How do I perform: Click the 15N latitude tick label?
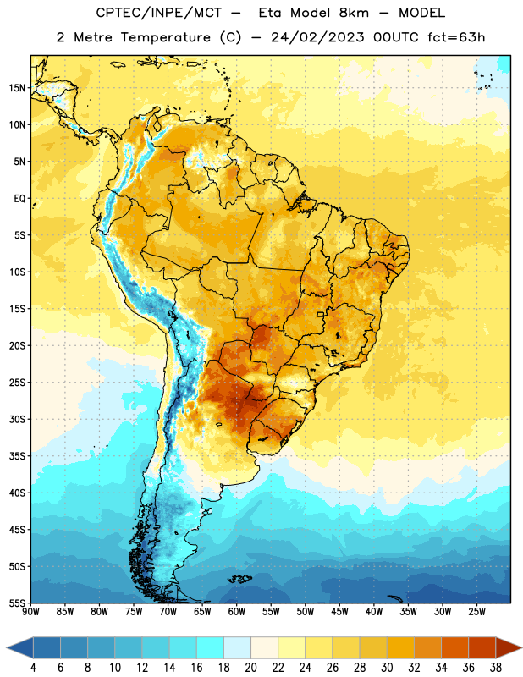point(17,88)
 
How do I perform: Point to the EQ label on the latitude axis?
point(19,199)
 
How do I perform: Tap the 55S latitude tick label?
point(17,603)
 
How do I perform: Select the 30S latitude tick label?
point(17,419)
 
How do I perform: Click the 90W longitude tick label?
point(30,612)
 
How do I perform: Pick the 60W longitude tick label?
point(237,612)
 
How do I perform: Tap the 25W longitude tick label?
point(476,612)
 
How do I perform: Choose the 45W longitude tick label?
point(339,612)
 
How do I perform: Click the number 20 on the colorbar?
point(250,668)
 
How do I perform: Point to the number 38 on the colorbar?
point(495,668)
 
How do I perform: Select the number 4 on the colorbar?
point(33,668)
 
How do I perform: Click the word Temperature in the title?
point(166,37)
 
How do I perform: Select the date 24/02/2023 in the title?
point(317,37)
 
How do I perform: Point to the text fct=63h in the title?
point(456,37)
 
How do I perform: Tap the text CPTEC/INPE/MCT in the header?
point(159,13)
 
